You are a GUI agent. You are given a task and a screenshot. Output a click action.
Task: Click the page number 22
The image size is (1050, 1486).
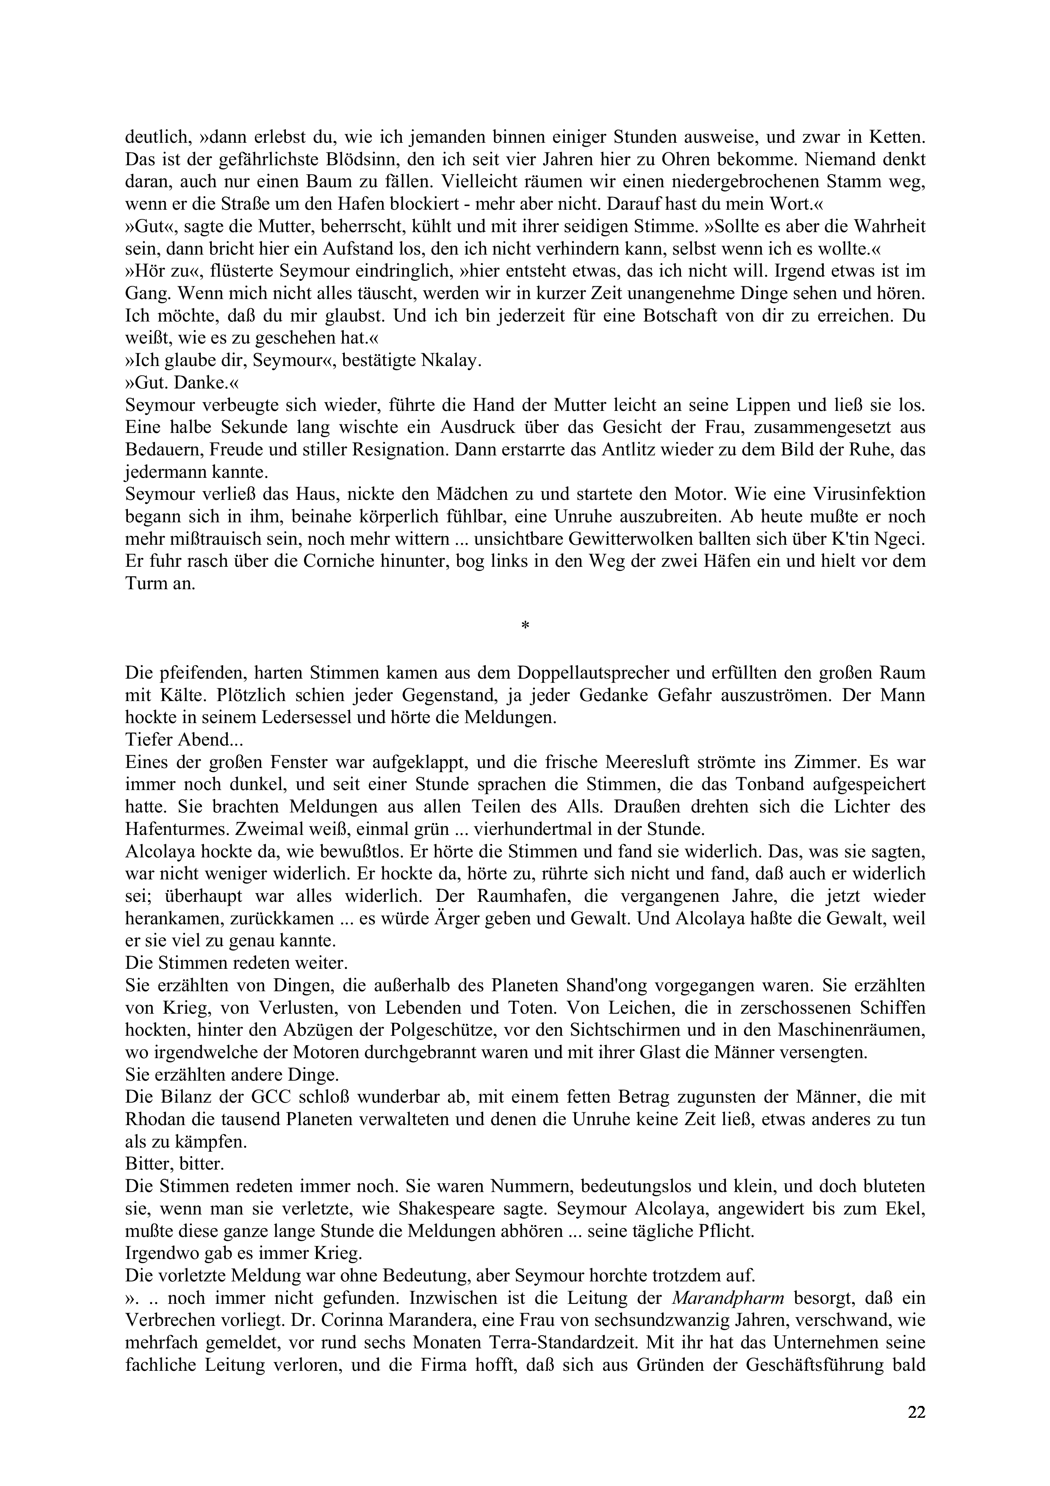pyautogui.click(x=916, y=1412)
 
